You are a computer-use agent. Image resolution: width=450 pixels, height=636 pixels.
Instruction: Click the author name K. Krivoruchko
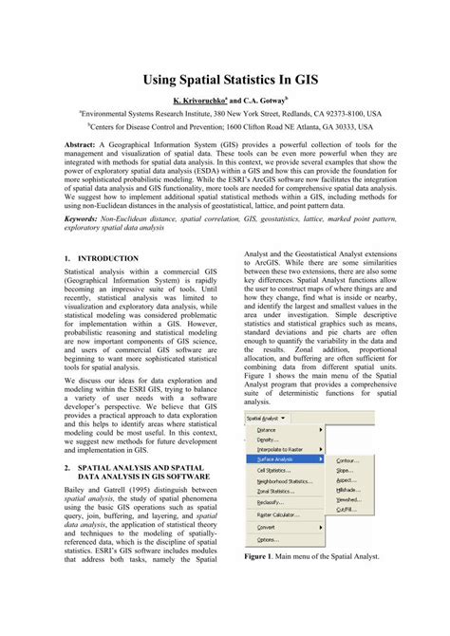pyautogui.click(x=197, y=99)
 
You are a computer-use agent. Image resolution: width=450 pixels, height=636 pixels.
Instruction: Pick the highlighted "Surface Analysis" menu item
pyautogui.click(x=280, y=458)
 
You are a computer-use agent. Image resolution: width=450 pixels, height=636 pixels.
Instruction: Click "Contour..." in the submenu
pyautogui.click(x=347, y=459)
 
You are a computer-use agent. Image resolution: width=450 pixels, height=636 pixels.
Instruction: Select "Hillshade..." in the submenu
pyautogui.click(x=348, y=491)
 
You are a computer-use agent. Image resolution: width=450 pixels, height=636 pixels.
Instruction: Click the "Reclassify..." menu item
pyautogui.click(x=272, y=502)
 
